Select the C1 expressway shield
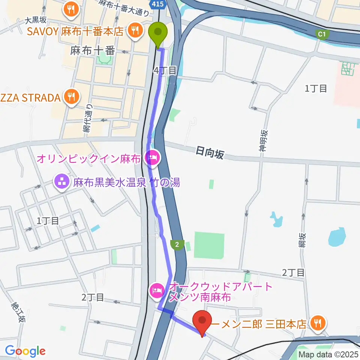click(321, 34)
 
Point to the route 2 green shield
click(177, 244)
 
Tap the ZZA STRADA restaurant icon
click(70, 97)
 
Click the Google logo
click(25, 351)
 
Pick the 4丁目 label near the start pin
click(165, 70)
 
